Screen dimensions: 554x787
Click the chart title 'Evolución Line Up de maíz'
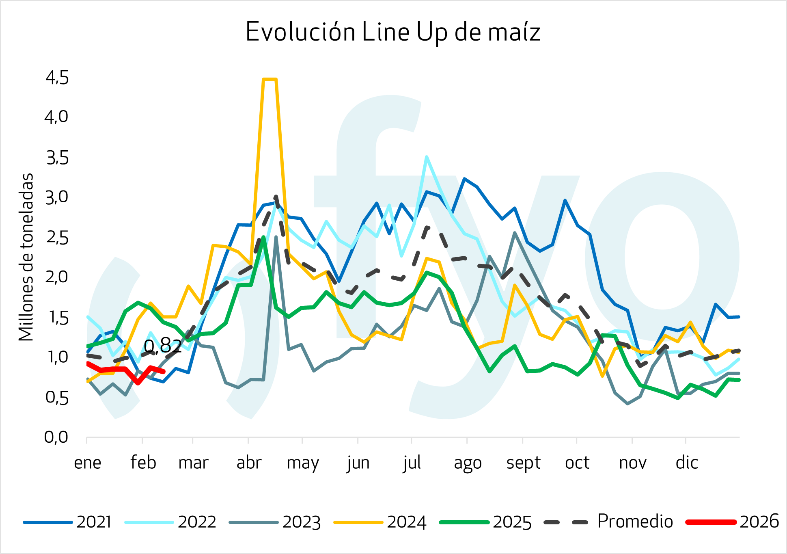pyautogui.click(x=393, y=32)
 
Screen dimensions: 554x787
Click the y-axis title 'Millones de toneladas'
pyautogui.click(x=26, y=257)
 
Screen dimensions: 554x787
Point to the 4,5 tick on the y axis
pyautogui.click(x=57, y=77)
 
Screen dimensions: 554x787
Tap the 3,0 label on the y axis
pyautogui.click(x=57, y=197)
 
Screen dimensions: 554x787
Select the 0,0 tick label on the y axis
pyautogui.click(x=56, y=437)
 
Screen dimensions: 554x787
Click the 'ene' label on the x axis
pyautogui.click(x=87, y=462)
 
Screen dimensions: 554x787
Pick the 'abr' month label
pyautogui.click(x=249, y=462)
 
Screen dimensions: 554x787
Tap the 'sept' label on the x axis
pyautogui.click(x=523, y=463)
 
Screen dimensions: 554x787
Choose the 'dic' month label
pyautogui.click(x=687, y=462)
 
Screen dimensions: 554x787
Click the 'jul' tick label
pyautogui.click(x=412, y=463)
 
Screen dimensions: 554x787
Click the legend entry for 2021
pyautogui.click(x=67, y=522)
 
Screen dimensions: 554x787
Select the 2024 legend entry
pyautogui.click(x=380, y=522)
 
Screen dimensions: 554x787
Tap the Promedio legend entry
pyautogui.click(x=609, y=522)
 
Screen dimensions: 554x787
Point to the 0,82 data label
pyautogui.click(x=163, y=346)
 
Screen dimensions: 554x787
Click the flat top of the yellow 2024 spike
pyautogui.click(x=270, y=79)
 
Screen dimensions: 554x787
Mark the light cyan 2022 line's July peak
pyautogui.click(x=426, y=157)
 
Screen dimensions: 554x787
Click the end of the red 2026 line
pyautogui.click(x=163, y=371)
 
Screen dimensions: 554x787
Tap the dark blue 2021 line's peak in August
pyautogui.click(x=464, y=179)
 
